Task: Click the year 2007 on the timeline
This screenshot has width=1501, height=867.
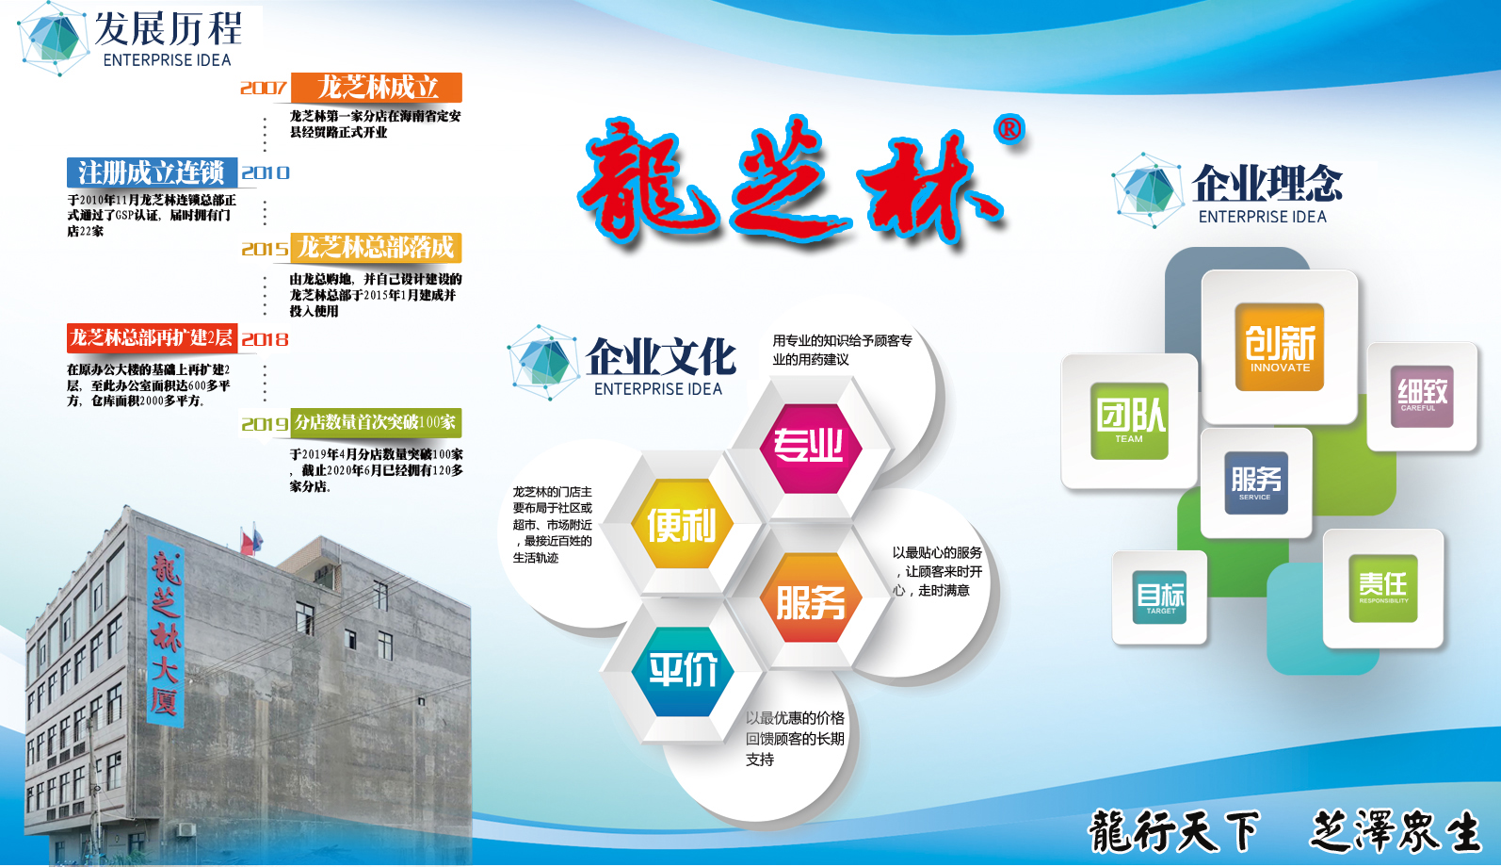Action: coord(264,88)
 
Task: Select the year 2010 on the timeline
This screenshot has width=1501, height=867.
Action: coord(266,173)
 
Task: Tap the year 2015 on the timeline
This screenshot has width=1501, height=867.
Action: coord(266,250)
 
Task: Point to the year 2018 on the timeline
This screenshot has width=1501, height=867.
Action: coord(265,339)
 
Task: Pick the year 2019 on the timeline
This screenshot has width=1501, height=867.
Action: coord(265,424)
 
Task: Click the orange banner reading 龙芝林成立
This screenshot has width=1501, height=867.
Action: coord(377,88)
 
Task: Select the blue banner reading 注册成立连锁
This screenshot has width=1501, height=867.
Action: coord(153,173)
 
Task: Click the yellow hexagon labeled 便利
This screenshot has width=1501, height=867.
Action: coord(682,524)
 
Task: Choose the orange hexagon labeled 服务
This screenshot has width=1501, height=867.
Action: coord(811,597)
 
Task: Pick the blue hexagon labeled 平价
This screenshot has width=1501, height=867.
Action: coord(683,671)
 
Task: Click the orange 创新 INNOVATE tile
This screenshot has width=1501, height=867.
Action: coord(1280,347)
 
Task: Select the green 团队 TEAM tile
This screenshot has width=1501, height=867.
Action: coord(1130,421)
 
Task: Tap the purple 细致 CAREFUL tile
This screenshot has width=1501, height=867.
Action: coord(1422,397)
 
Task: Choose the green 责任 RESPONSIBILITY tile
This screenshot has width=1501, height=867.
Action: coord(1383,588)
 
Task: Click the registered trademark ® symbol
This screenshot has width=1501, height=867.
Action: coord(1009,129)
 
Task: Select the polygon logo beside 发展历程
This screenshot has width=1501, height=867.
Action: coord(54,39)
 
